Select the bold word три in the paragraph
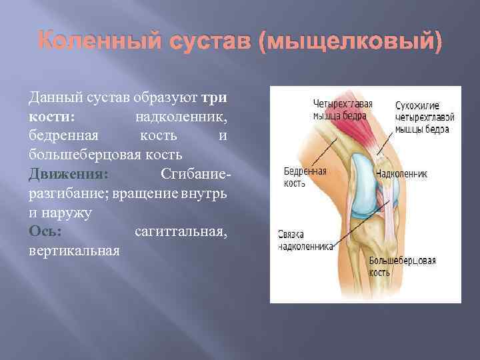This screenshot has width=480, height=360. click(x=215, y=97)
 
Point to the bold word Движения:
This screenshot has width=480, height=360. click(x=67, y=175)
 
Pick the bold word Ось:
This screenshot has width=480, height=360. click(x=45, y=233)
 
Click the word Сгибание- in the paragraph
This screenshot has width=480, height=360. click(x=195, y=175)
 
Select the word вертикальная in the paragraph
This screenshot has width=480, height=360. click(x=74, y=252)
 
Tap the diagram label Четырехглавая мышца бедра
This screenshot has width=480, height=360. click(x=343, y=109)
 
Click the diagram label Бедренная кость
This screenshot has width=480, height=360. click(x=305, y=177)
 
